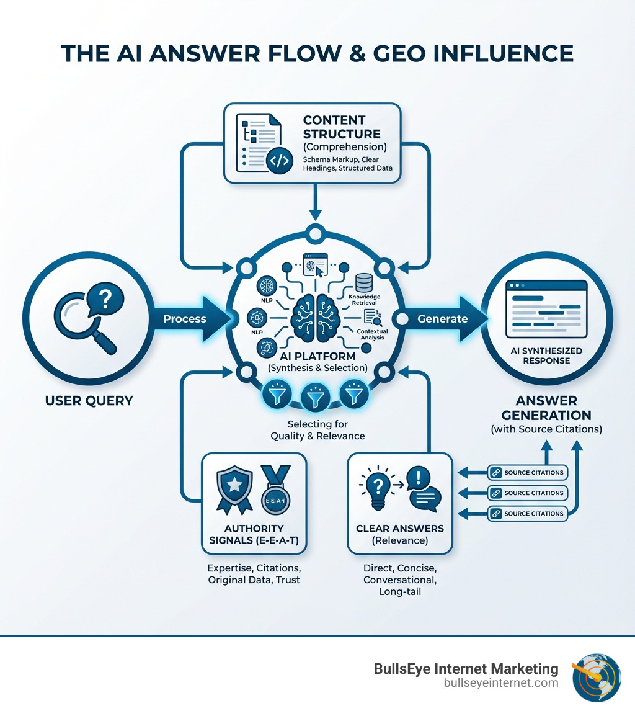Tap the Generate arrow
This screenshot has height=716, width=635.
[x=445, y=319]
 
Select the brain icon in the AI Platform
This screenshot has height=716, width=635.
[x=316, y=318]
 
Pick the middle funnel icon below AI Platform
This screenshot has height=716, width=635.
[x=316, y=397]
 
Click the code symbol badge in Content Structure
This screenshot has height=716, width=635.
[x=280, y=160]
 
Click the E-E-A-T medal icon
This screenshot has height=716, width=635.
[x=275, y=490]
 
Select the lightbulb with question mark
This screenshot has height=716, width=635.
[x=377, y=488]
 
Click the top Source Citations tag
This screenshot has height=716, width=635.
[x=528, y=473]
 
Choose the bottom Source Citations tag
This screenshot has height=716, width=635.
[x=528, y=514]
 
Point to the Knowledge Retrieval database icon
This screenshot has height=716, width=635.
[x=364, y=283]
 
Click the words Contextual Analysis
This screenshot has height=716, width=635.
[x=373, y=334]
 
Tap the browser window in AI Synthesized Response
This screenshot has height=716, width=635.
[x=546, y=309]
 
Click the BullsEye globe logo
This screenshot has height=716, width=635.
[x=596, y=677]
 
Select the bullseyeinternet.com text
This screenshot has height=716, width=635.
[x=501, y=683]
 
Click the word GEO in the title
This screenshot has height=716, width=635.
[x=399, y=53]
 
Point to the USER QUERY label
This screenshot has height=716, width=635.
[x=89, y=400]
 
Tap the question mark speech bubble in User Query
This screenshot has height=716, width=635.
[x=105, y=300]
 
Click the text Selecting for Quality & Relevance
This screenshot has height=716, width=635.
[x=317, y=430]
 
